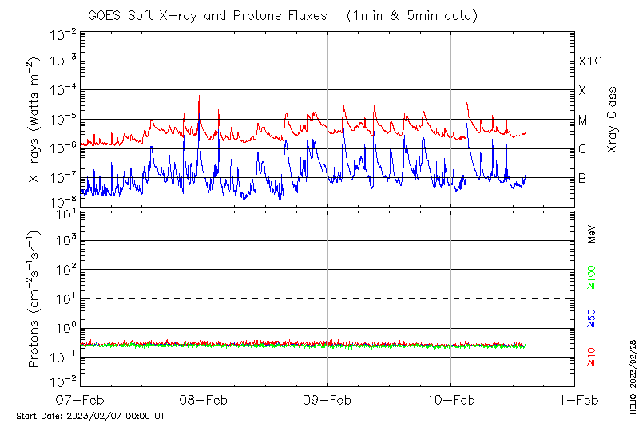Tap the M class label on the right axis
point(583,121)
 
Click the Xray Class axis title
point(613,120)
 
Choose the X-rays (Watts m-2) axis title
point(36,120)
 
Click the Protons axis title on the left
point(36,299)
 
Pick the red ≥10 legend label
point(593,355)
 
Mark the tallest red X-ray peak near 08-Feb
point(199,96)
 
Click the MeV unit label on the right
point(593,235)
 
